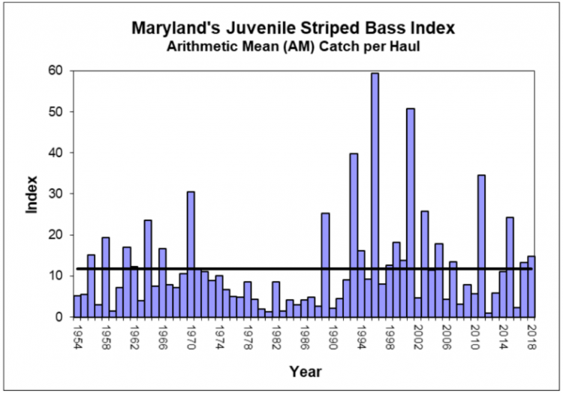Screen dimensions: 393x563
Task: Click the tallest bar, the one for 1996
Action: click(x=375, y=195)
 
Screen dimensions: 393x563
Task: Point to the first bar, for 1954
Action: click(x=77, y=306)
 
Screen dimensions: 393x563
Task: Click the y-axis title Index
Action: click(x=32, y=194)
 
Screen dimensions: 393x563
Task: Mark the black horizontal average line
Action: click(x=225, y=268)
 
